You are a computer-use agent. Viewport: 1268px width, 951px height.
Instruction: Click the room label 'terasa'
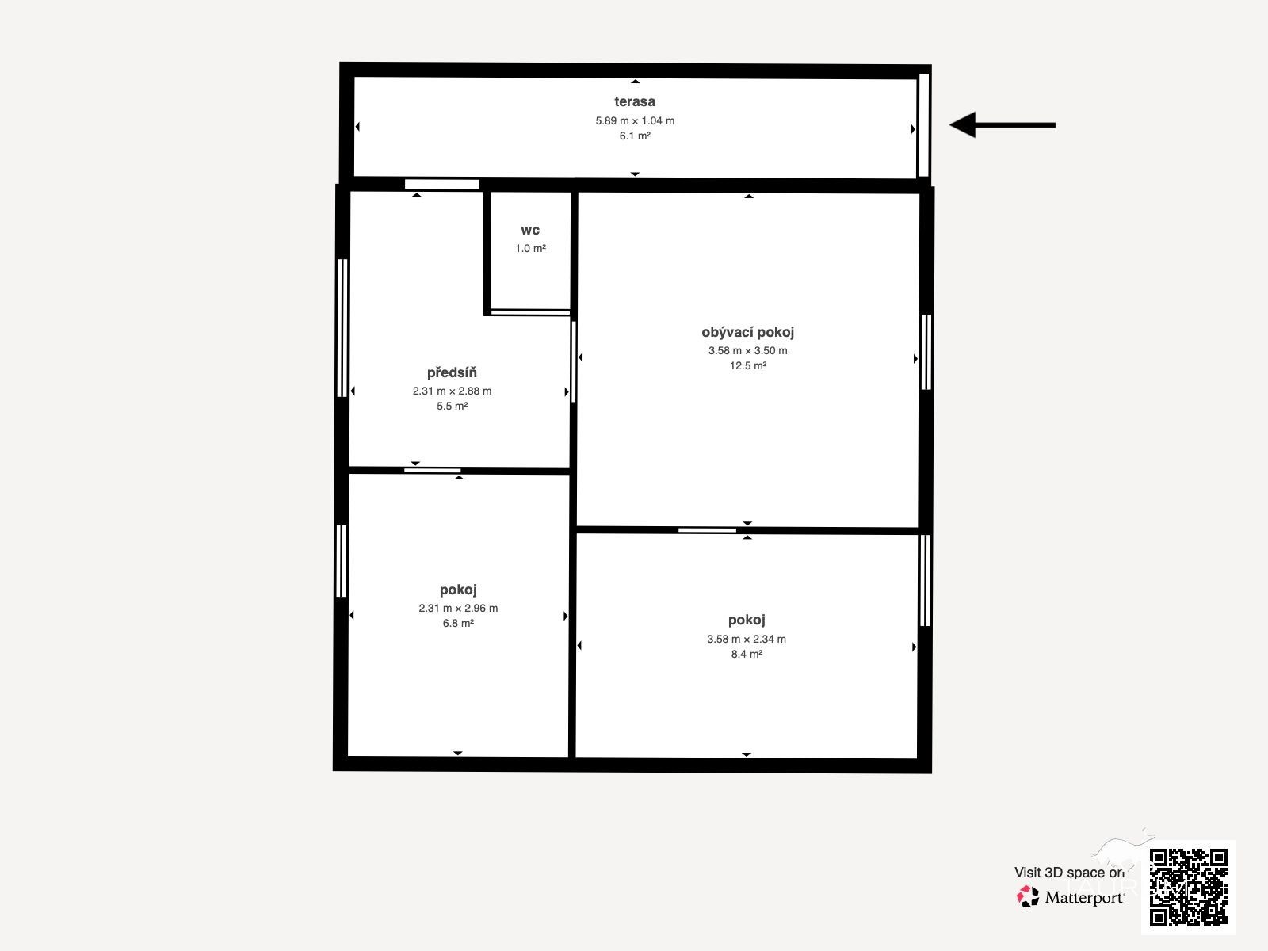[634, 101]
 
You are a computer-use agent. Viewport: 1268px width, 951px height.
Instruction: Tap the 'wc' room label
[529, 231]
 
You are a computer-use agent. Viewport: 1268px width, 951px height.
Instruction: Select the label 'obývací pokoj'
[747, 332]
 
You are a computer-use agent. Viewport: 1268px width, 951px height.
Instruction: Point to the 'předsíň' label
[452, 372]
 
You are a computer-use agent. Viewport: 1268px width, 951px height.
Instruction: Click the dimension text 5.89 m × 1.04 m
[635, 120]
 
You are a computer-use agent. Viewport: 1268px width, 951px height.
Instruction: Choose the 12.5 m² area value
[747, 365]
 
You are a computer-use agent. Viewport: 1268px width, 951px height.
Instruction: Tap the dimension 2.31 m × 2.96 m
[458, 608]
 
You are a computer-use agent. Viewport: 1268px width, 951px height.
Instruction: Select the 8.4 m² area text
[747, 655]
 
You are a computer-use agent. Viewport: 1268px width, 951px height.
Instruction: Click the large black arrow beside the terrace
[1003, 124]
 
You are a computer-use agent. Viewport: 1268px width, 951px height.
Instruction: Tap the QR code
[1188, 887]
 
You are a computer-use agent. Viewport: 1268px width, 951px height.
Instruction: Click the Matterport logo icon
[1027, 897]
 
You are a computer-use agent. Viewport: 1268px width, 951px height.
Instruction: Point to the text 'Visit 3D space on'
[1069, 873]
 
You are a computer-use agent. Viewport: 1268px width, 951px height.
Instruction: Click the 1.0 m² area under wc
[530, 248]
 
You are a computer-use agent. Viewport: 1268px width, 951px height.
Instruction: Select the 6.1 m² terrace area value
[635, 136]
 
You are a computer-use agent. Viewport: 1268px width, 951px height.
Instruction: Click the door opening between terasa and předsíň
[442, 184]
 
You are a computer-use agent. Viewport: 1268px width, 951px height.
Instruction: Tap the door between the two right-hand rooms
[707, 530]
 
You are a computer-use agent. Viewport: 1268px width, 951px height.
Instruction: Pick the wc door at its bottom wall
[530, 312]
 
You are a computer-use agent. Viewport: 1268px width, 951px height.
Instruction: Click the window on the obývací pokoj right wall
[926, 352]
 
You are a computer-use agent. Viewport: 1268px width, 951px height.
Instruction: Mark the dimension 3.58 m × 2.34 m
[747, 640]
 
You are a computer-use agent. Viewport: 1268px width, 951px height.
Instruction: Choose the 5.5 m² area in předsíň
[452, 406]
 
